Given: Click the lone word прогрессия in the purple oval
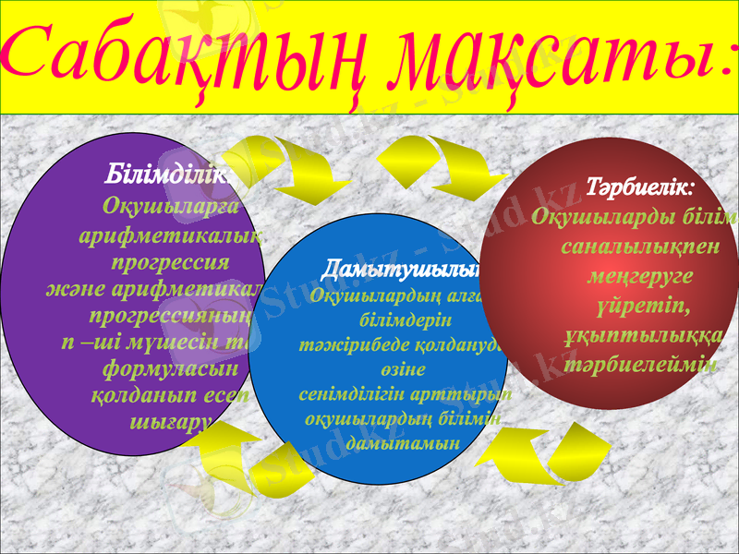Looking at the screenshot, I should [x=170, y=261].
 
